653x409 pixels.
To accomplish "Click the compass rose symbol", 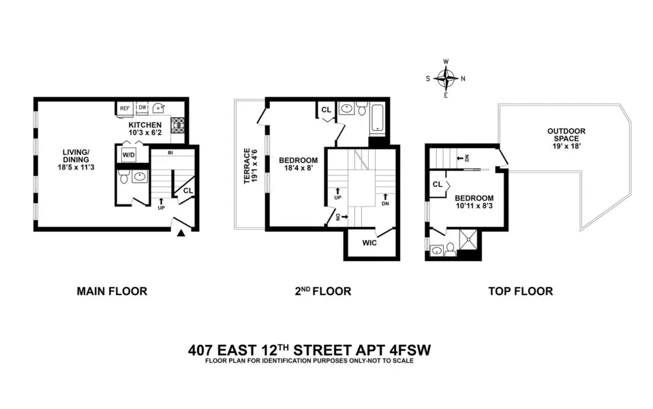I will pos(446,78).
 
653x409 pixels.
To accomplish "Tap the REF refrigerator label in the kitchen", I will pos(125,108).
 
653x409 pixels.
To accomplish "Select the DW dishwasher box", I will pos(142,108).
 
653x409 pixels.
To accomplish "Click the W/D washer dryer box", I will pos(128,155).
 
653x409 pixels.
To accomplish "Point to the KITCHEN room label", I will pos(145,125).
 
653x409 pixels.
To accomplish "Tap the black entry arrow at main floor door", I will pos(181,234).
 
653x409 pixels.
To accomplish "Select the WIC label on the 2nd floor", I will pos(370,243).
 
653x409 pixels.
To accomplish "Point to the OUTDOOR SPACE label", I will pos(566,135).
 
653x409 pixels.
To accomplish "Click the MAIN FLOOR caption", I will pos(112,291).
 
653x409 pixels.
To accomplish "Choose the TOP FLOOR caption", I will pos(520,291).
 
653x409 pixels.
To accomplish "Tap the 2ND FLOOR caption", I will pos(322,291).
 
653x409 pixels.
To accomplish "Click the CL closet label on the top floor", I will pos(437,185).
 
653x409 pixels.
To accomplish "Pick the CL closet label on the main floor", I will pos(187,191).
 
